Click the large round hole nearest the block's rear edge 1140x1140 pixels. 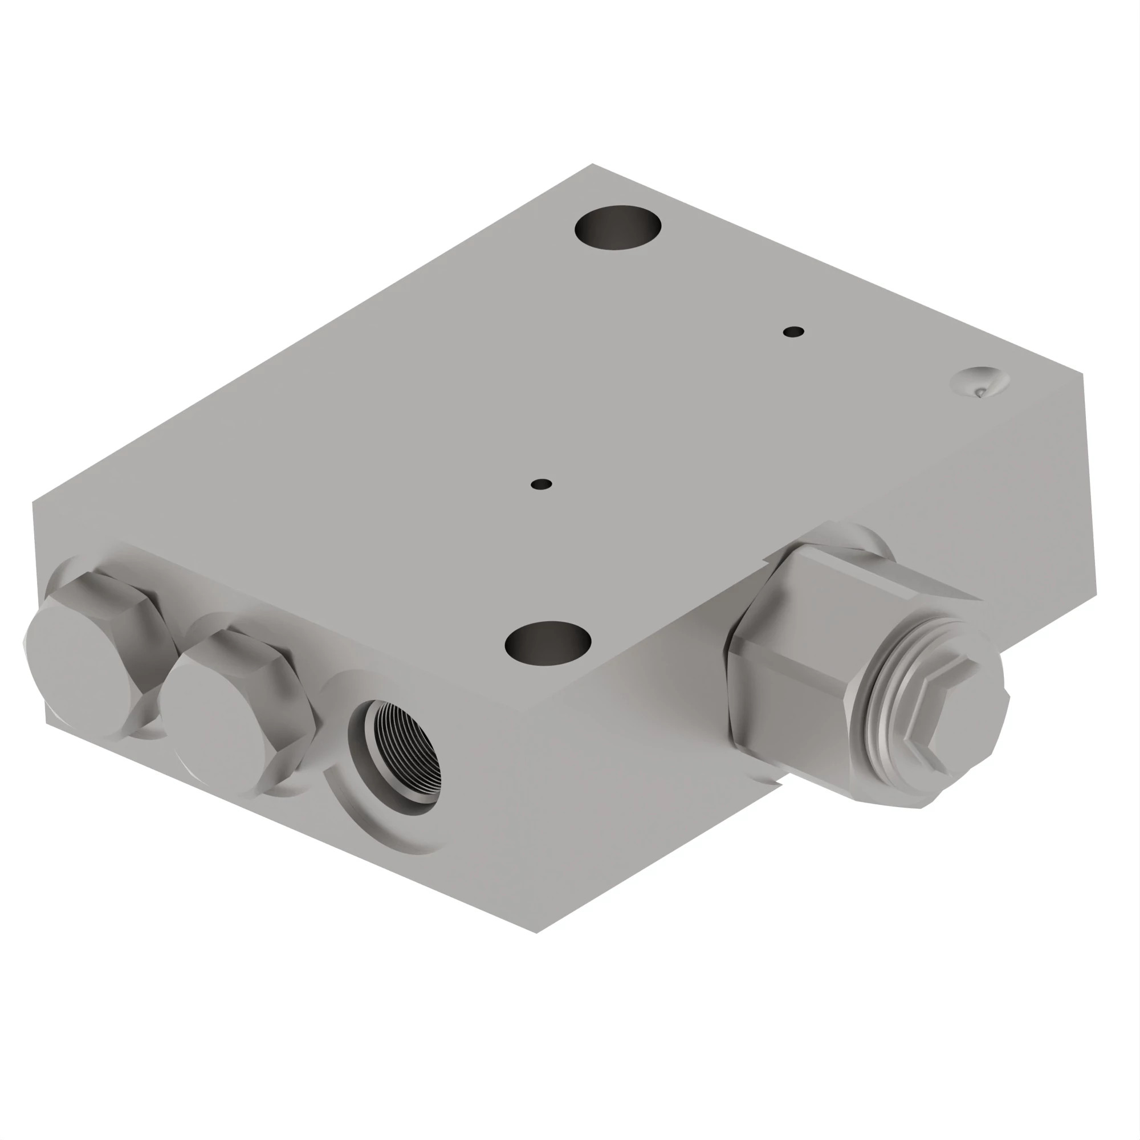point(617,227)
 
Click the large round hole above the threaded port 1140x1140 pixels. point(548,643)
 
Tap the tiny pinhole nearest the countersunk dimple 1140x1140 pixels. point(793,332)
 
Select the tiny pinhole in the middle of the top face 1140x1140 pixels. point(541,484)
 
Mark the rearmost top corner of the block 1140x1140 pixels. point(592,165)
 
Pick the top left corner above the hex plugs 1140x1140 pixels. point(33,502)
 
